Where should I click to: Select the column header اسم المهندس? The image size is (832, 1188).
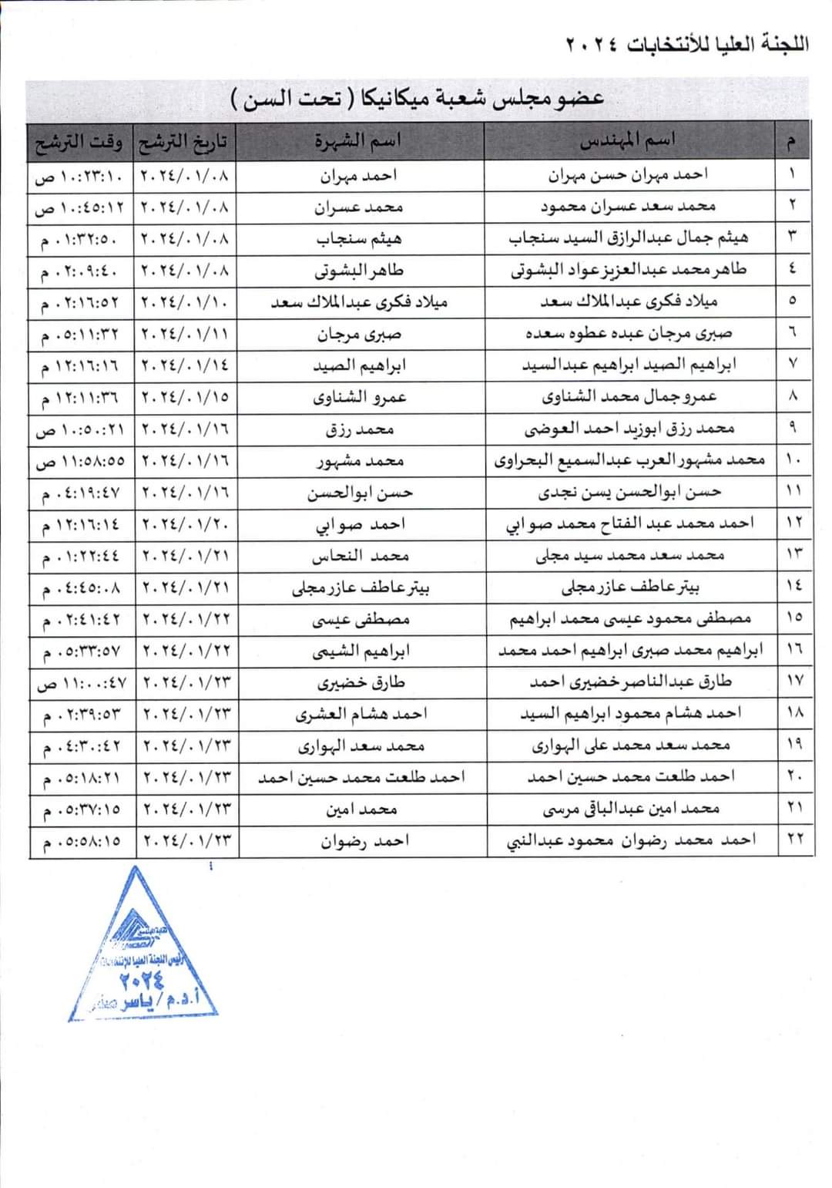pyautogui.click(x=627, y=140)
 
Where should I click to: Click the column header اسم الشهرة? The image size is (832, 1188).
pyautogui.click(x=358, y=141)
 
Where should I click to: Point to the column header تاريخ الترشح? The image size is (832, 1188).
pyautogui.click(x=185, y=142)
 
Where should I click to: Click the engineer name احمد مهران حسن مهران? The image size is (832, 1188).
pyautogui.click(x=629, y=175)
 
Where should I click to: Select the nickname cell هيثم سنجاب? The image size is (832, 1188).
pyautogui.click(x=360, y=239)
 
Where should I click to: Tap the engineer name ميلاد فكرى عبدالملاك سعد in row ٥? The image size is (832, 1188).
pyautogui.click(x=629, y=301)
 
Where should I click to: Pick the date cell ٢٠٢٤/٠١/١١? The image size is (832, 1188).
pyautogui.click(x=186, y=334)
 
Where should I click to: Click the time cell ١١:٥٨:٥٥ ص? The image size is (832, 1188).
pyautogui.click(x=81, y=461)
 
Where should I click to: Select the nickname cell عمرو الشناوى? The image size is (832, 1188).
pyautogui.click(x=360, y=397)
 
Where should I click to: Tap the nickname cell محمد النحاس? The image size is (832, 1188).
pyautogui.click(x=360, y=556)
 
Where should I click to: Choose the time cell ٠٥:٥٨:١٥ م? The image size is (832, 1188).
pyautogui.click(x=81, y=841)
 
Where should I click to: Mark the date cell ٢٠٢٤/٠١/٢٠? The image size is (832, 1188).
pyautogui.click(x=186, y=524)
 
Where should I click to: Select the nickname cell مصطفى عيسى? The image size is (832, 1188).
pyautogui.click(x=360, y=619)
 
